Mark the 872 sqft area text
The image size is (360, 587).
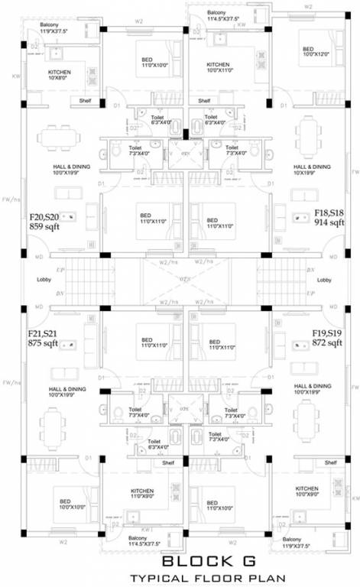(x=326, y=343)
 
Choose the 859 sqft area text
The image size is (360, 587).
(x=44, y=227)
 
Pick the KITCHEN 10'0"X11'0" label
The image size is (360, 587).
(x=218, y=68)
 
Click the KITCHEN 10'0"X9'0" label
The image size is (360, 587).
(x=306, y=491)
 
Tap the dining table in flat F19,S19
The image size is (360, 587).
(x=307, y=419)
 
